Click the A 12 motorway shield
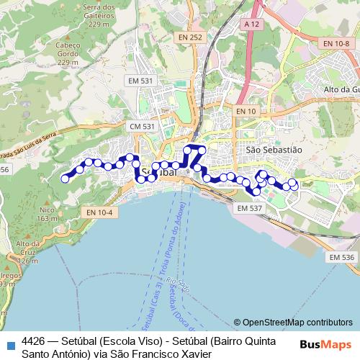251,24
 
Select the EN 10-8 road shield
336,44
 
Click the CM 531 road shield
142,127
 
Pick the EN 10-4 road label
99,212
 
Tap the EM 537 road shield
249,208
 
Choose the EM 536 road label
341,257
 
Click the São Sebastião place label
273,150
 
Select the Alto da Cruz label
27,248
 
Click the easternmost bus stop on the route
294,185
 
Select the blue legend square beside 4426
9,343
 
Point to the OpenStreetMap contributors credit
292,323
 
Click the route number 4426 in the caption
34,341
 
